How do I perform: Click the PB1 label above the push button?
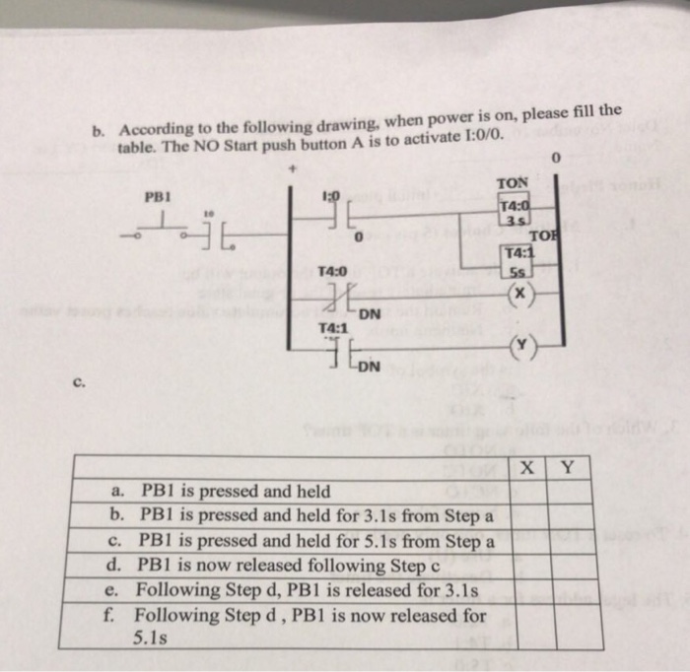pos(158,196)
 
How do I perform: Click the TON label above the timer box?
pos(513,183)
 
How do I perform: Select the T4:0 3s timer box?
pos(516,213)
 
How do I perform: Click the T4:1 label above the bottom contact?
pos(332,328)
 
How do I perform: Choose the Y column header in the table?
pos(568,469)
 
